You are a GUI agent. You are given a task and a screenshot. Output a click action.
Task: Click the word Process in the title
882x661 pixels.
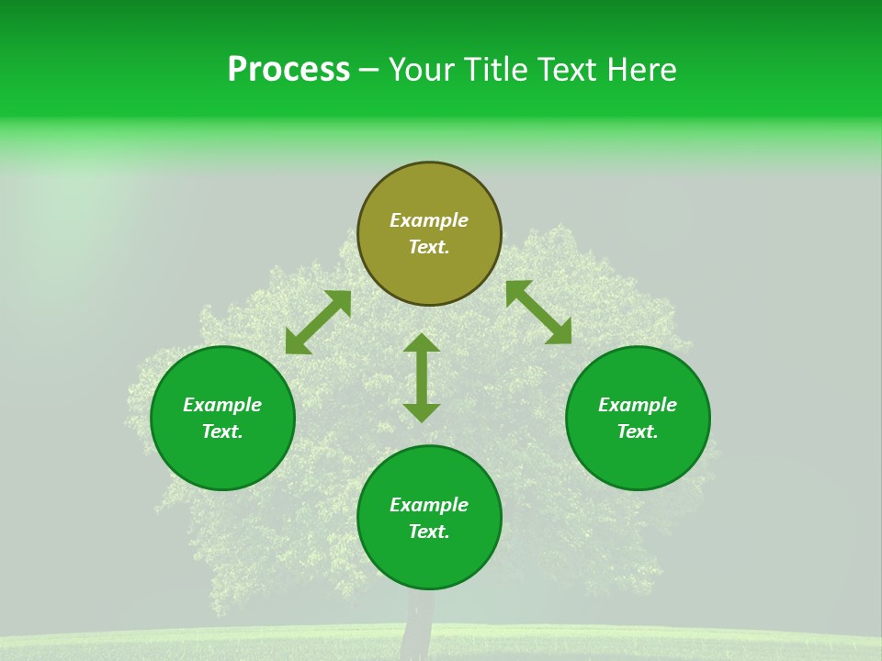pos(288,70)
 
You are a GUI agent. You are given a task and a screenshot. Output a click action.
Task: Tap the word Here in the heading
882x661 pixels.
pos(638,70)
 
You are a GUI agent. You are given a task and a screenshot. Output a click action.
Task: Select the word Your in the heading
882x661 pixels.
pos(422,70)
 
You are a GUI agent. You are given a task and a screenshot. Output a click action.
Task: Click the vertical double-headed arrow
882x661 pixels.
pos(422,377)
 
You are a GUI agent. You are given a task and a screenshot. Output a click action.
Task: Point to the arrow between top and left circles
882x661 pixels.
pos(318,322)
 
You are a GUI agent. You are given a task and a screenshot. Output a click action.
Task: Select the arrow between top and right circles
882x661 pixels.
pos(538,312)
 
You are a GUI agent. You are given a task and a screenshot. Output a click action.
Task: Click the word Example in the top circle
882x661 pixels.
pos(429,220)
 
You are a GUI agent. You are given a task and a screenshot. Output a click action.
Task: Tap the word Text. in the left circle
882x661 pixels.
pos(222,431)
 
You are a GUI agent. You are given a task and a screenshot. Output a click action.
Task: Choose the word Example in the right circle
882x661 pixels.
pos(638,405)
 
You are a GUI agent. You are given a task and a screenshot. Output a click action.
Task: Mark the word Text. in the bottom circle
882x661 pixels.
pos(429,532)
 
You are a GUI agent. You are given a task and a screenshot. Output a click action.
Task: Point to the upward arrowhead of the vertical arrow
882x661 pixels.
pos(422,343)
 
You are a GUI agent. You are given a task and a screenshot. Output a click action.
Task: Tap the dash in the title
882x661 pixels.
pos(369,70)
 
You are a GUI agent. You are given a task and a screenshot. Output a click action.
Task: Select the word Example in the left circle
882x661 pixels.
pos(222,405)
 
